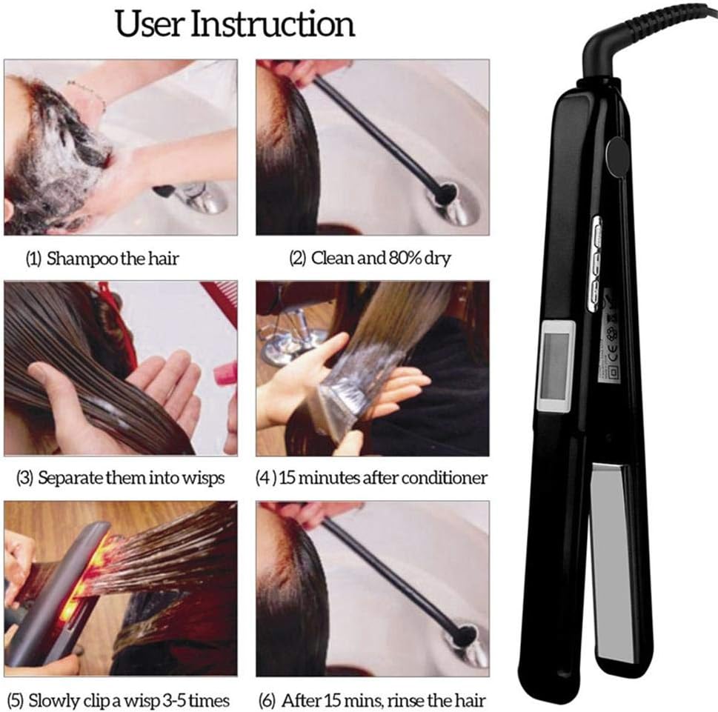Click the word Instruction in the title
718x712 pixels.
click(273, 24)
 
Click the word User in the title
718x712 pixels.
click(150, 24)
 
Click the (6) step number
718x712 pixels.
click(267, 701)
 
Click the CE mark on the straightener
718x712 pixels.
click(612, 353)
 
